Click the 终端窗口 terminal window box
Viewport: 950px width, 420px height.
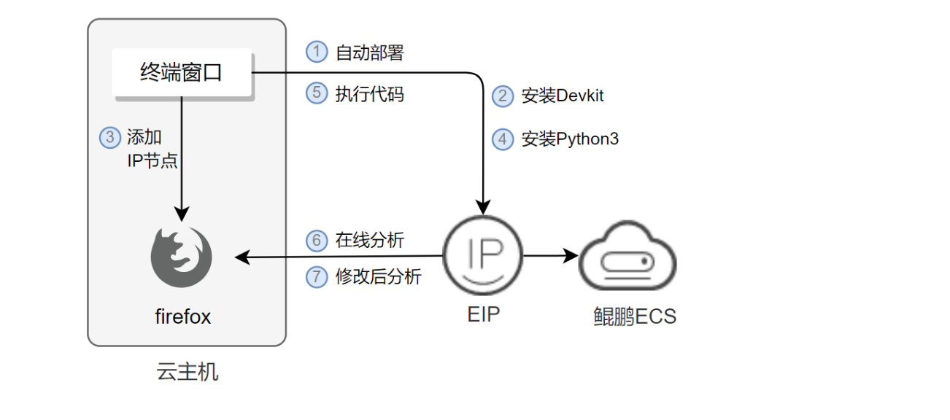point(182,73)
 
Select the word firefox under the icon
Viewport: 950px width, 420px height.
point(182,316)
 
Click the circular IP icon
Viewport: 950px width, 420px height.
point(483,256)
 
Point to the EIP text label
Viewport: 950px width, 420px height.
point(483,315)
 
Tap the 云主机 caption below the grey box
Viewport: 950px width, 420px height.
point(188,372)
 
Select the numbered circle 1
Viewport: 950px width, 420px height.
point(317,52)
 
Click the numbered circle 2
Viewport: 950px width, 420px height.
point(503,96)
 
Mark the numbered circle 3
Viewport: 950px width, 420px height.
point(110,137)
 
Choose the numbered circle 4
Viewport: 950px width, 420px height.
point(503,139)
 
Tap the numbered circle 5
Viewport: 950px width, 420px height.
point(317,94)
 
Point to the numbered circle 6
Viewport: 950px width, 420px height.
point(317,241)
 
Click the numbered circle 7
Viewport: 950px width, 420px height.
point(317,277)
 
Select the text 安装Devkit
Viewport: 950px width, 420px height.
point(562,96)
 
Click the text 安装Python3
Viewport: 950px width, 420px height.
point(569,139)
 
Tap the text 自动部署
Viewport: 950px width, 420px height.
point(369,52)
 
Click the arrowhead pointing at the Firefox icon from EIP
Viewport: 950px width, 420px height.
point(241,257)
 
